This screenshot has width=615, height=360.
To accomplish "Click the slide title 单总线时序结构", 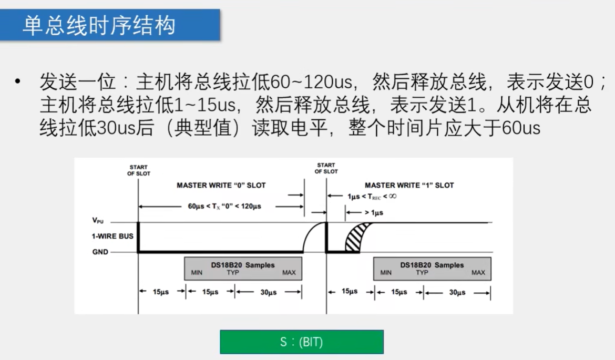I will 98,25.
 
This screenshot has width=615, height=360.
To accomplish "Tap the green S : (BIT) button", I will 301,342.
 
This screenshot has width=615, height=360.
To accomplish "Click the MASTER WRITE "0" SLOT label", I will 221,186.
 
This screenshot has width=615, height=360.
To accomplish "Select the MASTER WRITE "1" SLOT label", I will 409,186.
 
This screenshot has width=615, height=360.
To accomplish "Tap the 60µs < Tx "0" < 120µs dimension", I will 224,206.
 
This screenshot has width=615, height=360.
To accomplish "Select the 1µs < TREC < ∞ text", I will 372,196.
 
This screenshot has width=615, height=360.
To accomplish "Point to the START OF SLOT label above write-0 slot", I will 138,170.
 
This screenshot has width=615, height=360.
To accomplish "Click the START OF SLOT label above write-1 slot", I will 326,168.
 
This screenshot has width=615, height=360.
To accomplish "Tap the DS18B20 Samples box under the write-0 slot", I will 243,269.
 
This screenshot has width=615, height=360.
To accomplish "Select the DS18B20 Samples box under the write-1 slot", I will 432,269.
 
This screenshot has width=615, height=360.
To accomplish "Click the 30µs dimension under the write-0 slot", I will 268,293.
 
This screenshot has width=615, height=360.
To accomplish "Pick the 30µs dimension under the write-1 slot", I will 457,293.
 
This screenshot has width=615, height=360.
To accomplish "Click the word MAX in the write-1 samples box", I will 478,273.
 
